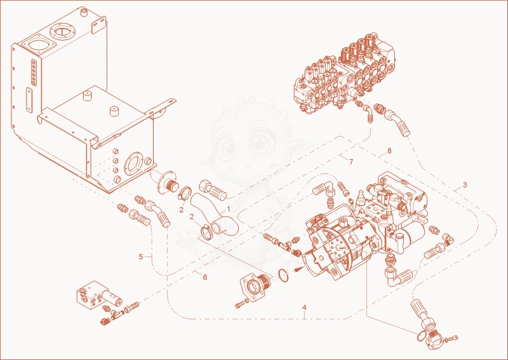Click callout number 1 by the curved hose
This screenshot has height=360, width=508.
coord(228,209)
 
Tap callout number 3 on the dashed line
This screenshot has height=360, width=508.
coord(465,185)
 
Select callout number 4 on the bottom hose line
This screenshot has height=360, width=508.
coord(304,307)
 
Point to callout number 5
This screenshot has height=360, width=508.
coord(140,257)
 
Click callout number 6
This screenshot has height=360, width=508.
coord(204,277)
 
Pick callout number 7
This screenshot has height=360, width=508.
coord(351,162)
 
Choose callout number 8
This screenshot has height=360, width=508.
coord(389,150)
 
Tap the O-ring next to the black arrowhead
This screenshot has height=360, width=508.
coord(283,276)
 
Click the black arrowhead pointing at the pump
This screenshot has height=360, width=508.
coord(298,269)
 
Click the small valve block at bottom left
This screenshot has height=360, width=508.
coord(99,297)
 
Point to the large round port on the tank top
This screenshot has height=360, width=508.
coord(62,32)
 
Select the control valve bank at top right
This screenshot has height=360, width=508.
coord(344,73)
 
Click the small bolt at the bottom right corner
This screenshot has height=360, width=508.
coord(454,338)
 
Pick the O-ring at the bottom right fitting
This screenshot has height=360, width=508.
coord(422,336)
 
